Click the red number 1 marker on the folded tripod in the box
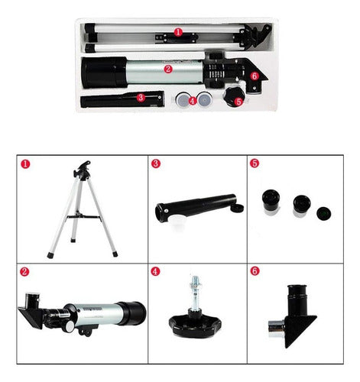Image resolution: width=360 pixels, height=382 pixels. [x=177, y=33]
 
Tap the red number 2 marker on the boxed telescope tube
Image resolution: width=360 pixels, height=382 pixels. [x=168, y=69]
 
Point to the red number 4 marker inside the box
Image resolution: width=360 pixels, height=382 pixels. [x=193, y=99]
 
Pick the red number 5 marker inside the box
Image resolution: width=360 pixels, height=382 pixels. [x=238, y=101]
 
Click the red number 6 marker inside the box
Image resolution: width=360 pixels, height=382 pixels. [x=254, y=76]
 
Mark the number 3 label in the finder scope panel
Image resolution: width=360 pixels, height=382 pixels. [x=155, y=163]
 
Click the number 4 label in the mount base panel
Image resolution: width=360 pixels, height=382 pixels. [x=155, y=271]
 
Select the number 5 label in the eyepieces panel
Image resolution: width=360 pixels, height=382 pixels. [x=255, y=163]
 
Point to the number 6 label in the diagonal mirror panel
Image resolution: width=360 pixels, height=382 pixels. [x=255, y=271]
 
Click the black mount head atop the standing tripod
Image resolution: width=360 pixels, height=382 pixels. [x=83, y=166]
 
